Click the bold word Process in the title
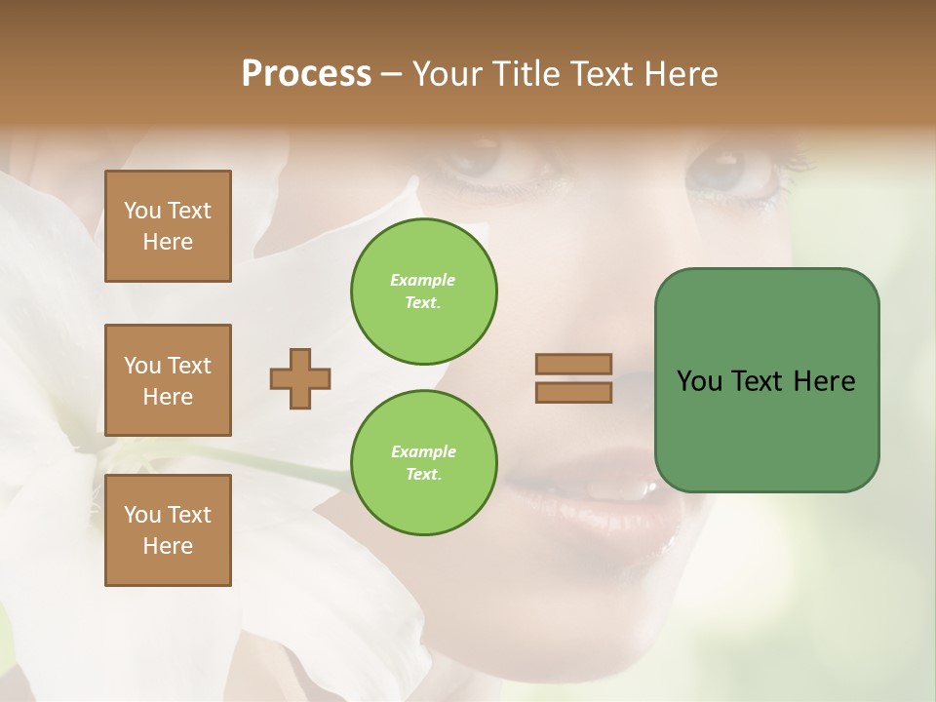pyautogui.click(x=306, y=74)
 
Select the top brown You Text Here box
pyautogui.click(x=168, y=226)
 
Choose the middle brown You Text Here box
pyautogui.click(x=168, y=380)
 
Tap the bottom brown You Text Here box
pyautogui.click(x=168, y=530)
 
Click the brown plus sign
pyautogui.click(x=300, y=378)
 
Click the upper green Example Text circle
pyautogui.click(x=424, y=292)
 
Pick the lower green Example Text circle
pyautogui.click(x=424, y=463)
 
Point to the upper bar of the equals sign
pyautogui.click(x=574, y=364)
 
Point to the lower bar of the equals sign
pyautogui.click(x=574, y=392)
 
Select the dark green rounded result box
pyautogui.click(x=766, y=379)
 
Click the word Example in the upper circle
pyautogui.click(x=423, y=280)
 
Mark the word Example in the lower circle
pyautogui.click(x=423, y=451)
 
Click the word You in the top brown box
pyautogui.click(x=142, y=211)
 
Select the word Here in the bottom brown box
pyautogui.click(x=168, y=546)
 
